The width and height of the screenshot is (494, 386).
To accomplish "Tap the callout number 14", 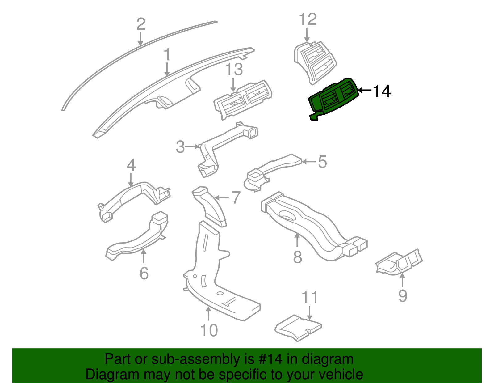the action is tap(382, 91).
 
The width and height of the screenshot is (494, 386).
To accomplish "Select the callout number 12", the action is tap(308, 19).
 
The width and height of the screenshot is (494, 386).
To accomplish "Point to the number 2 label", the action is tap(141, 24).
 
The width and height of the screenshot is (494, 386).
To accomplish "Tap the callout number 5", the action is tap(322, 162).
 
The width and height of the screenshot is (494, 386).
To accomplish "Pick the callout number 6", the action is tap(144, 273).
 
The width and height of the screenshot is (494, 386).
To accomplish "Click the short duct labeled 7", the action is tap(209, 207).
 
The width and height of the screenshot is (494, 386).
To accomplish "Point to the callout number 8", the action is tap(298, 257).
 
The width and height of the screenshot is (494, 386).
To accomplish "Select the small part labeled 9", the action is tap(399, 262).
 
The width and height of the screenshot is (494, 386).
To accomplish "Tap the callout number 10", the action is tap(209, 330).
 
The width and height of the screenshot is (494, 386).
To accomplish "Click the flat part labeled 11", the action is tap(298, 328).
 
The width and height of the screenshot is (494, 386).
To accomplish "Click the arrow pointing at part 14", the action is tap(365, 90).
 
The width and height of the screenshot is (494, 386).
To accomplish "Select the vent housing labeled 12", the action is tap(315, 62).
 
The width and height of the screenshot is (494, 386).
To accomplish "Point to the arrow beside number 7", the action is tap(221, 198).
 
